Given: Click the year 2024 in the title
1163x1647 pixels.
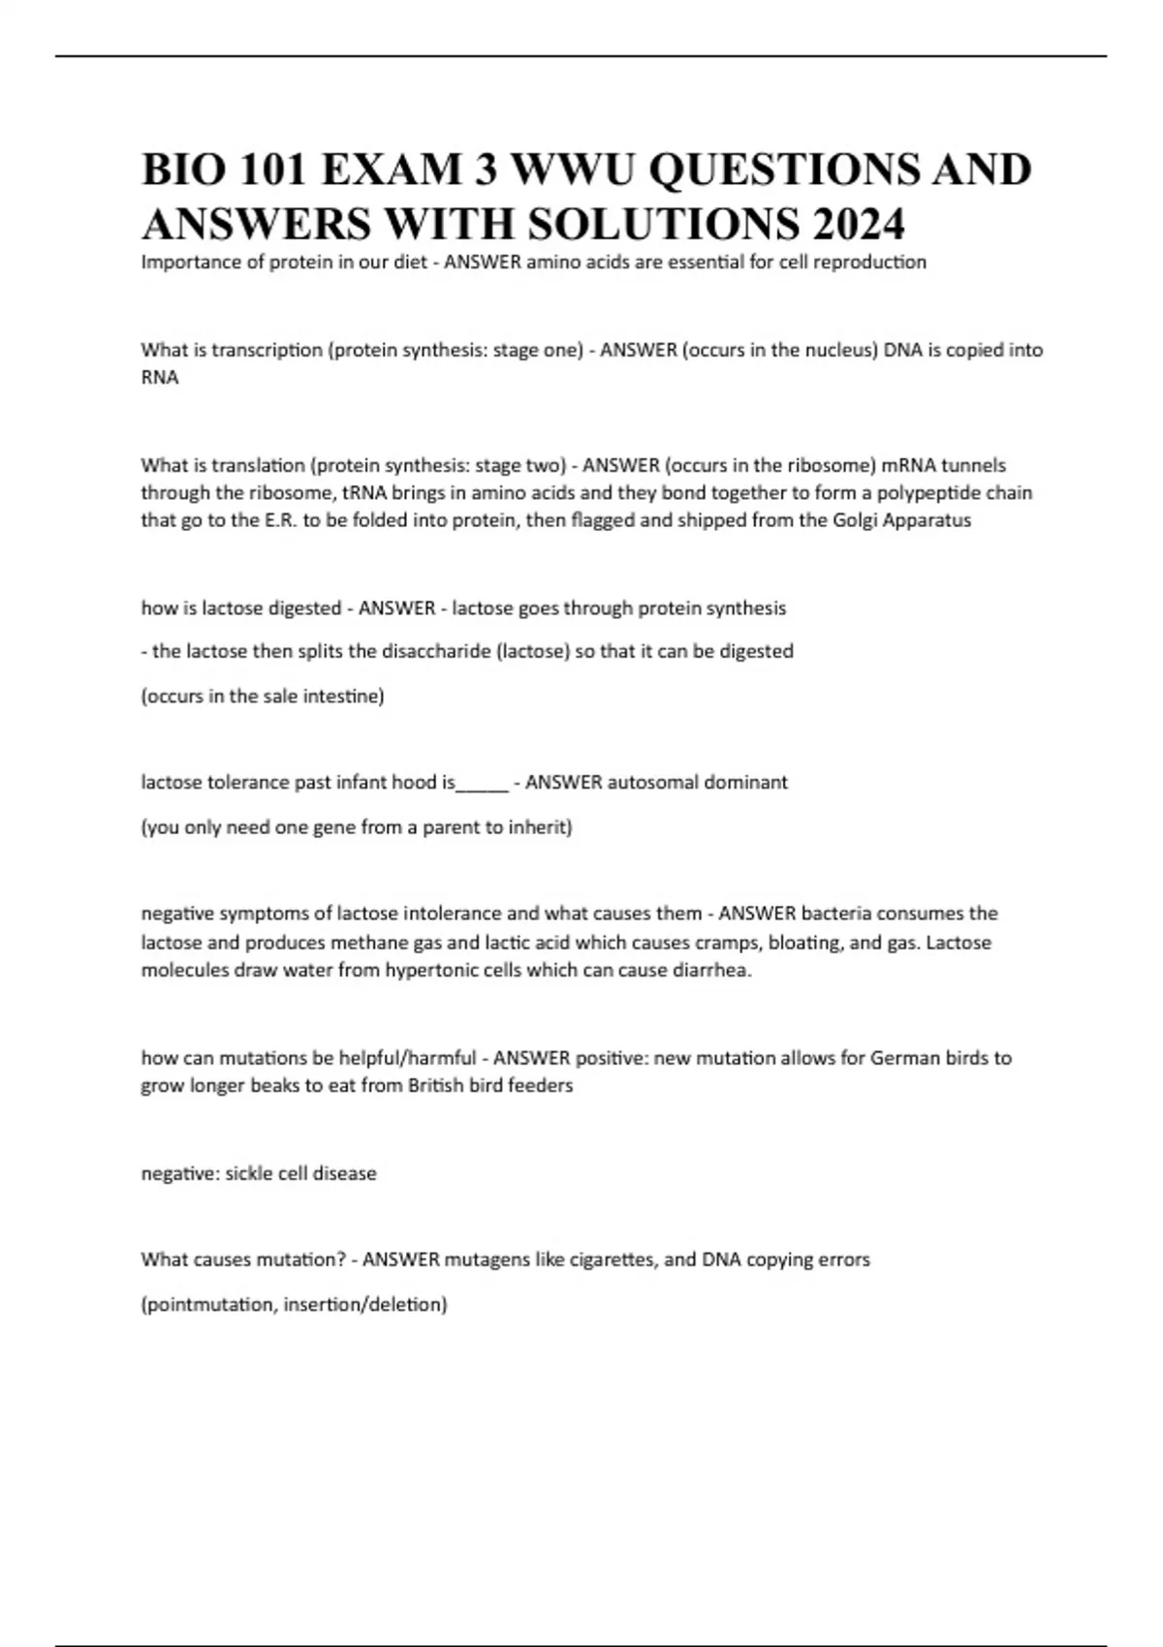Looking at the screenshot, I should pyautogui.click(x=859, y=224).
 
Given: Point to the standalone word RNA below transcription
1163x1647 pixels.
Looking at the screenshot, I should pyautogui.click(x=160, y=378).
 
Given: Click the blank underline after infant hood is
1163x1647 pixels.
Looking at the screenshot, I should pyautogui.click(x=482, y=783).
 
